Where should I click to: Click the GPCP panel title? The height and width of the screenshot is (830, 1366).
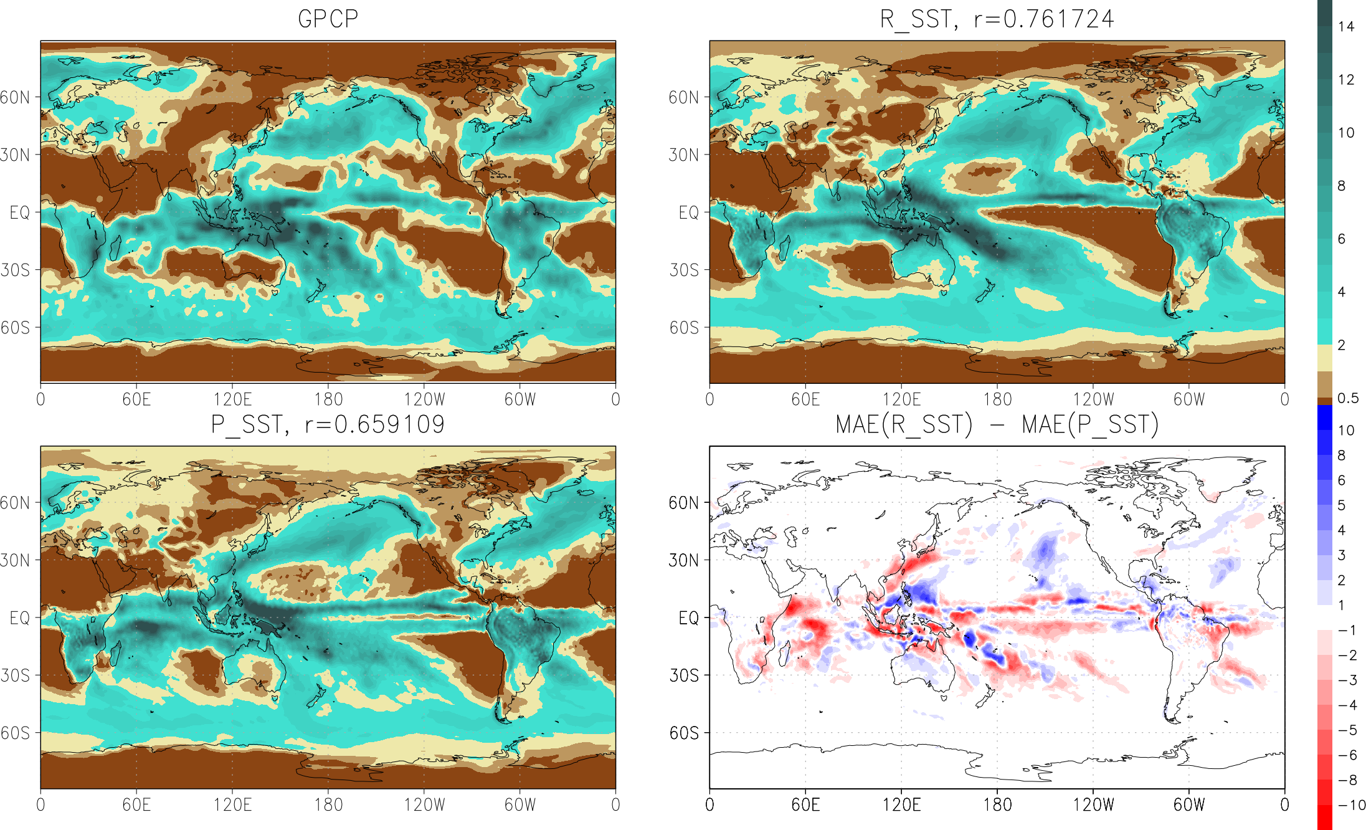(x=328, y=19)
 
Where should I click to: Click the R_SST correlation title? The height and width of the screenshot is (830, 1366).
(x=997, y=19)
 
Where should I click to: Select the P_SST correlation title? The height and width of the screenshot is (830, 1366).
(x=328, y=425)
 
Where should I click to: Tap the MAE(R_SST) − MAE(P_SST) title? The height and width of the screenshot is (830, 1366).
(x=997, y=425)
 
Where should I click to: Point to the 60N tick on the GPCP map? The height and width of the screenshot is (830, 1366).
(x=16, y=97)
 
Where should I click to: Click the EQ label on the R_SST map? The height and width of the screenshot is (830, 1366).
(x=688, y=212)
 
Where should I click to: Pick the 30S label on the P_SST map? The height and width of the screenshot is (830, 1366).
(x=16, y=675)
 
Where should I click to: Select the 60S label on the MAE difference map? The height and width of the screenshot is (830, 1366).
(x=685, y=733)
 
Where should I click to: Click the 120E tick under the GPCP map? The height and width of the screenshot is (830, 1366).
(x=232, y=399)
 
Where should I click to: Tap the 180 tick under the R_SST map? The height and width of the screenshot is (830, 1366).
(x=997, y=399)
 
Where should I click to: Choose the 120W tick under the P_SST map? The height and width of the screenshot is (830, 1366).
(x=424, y=805)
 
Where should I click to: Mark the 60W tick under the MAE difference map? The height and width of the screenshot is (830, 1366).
(x=1189, y=805)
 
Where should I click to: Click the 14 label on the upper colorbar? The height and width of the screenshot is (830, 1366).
(x=1346, y=27)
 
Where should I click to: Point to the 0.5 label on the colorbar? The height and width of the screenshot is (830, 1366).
(x=1348, y=398)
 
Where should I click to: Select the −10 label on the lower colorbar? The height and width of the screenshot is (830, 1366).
(x=1351, y=805)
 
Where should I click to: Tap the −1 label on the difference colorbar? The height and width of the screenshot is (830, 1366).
(x=1348, y=631)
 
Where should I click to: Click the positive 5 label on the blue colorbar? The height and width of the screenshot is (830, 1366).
(x=1342, y=505)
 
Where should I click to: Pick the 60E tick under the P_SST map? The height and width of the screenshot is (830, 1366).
(x=136, y=805)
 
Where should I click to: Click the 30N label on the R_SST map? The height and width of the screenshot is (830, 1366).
(x=685, y=155)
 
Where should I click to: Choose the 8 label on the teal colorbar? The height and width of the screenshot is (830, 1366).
(x=1342, y=186)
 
